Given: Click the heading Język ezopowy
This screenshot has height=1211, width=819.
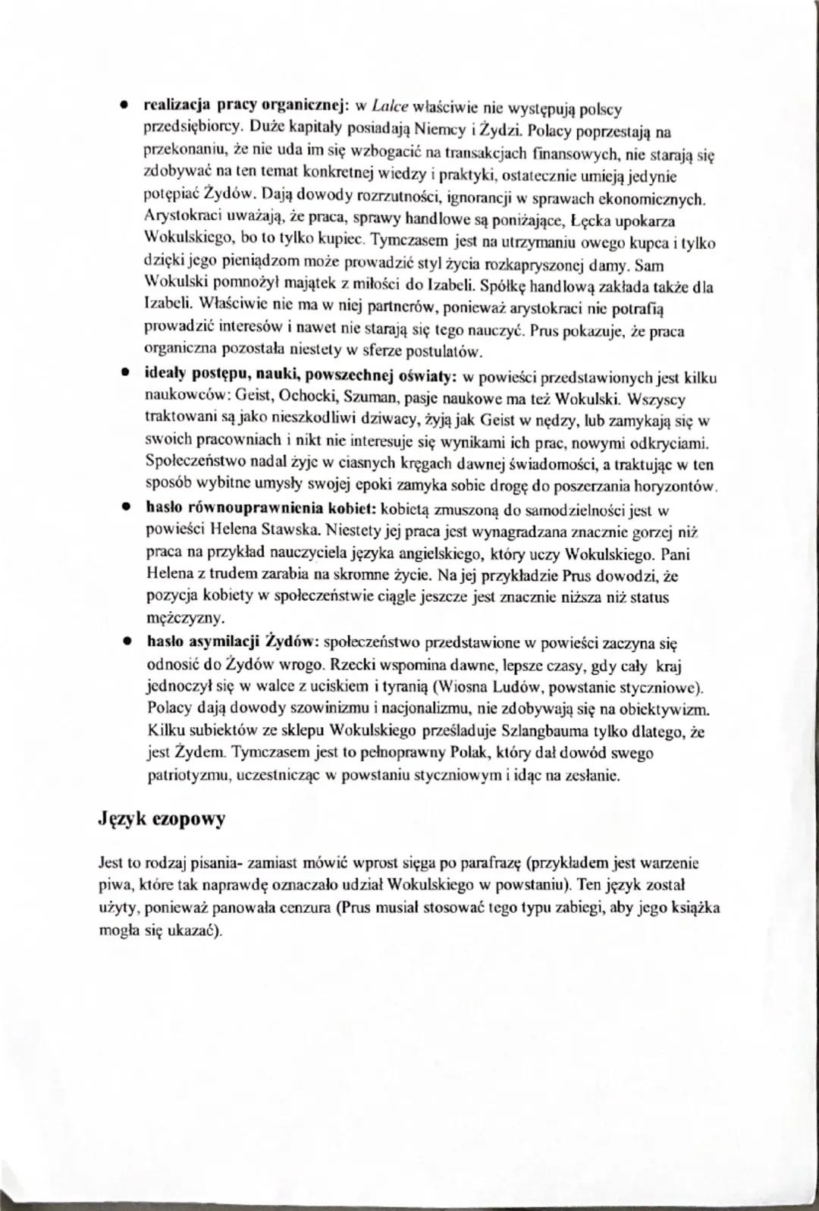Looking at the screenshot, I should pyautogui.click(x=162, y=820).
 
